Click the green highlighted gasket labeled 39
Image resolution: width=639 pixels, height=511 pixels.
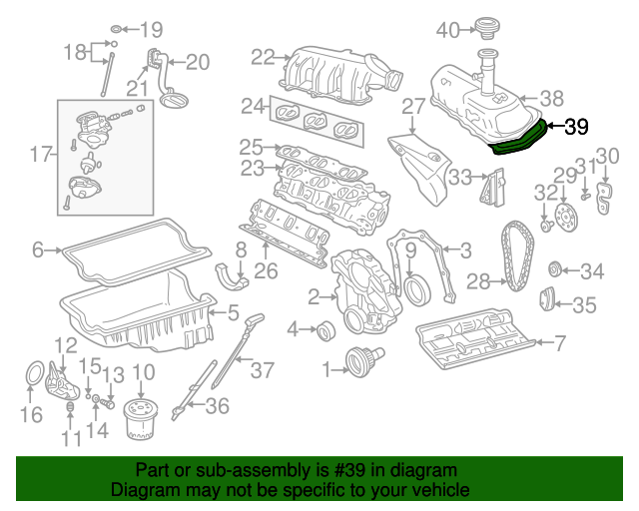click(519, 141)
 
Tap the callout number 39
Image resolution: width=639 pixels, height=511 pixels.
click(576, 127)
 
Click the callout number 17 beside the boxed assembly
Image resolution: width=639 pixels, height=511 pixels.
click(40, 154)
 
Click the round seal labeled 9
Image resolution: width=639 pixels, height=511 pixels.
click(420, 289)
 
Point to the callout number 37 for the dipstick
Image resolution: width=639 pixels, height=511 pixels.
click(262, 370)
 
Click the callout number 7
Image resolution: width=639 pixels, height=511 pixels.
click(559, 344)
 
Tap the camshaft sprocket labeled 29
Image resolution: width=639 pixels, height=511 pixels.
click(563, 216)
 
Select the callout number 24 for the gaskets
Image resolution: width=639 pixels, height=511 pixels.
click(253, 105)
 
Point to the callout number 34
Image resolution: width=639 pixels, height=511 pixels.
click(593, 270)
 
